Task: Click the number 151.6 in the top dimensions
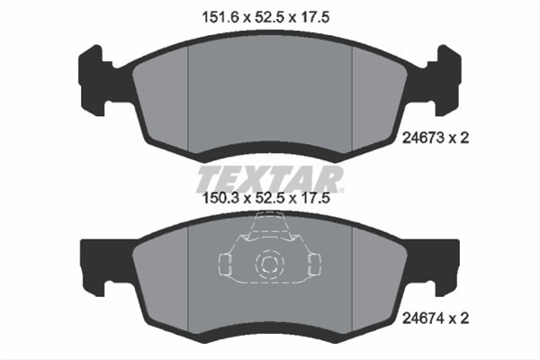click(x=220, y=17)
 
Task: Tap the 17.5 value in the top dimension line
click(x=316, y=17)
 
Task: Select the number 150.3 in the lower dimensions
click(x=220, y=198)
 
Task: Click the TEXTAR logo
click(x=270, y=179)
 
